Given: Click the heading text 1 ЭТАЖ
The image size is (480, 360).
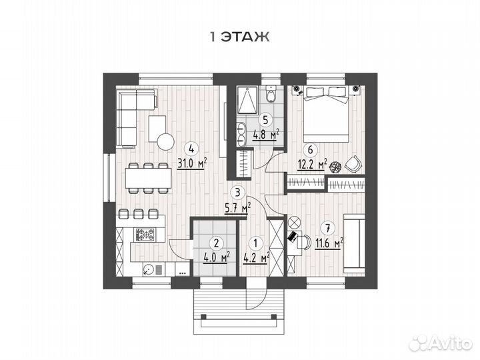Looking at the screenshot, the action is [x=240, y=37].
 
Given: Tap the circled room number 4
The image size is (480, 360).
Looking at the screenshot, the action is [x=191, y=149].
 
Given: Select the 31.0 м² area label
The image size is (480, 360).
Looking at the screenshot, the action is [x=192, y=164].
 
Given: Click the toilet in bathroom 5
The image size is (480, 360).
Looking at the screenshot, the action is [x=271, y=94].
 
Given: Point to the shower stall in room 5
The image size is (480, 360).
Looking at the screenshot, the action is [x=247, y=100].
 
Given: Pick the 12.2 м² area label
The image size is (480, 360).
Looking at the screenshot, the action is [x=312, y=165].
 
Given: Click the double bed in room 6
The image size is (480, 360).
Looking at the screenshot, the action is [x=326, y=115].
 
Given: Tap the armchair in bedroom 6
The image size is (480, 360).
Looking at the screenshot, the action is [x=353, y=163].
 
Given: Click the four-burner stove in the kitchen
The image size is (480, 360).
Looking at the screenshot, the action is [x=145, y=235].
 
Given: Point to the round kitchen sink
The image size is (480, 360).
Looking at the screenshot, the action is [x=149, y=270].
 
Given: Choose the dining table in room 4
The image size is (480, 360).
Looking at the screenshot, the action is [x=148, y=178].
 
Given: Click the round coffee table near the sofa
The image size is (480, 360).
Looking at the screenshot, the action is [x=165, y=142].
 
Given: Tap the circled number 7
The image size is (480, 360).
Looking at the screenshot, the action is [x=328, y=228].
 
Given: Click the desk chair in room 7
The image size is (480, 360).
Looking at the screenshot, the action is [x=303, y=241].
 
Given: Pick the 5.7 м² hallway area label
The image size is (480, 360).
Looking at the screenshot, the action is [x=238, y=209].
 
